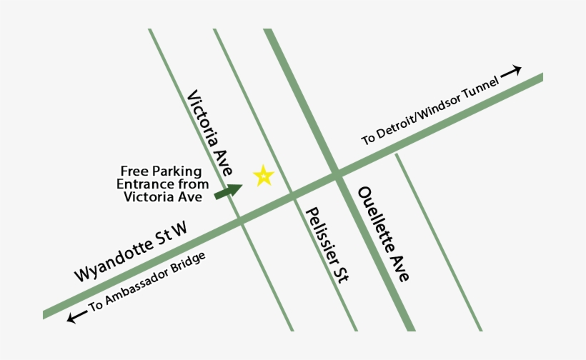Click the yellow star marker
[264, 175]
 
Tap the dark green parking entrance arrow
[229, 191]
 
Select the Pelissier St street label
[326, 246]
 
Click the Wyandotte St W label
[131, 251]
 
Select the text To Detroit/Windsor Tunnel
[427, 113]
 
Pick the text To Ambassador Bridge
[147, 284]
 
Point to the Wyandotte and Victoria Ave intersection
[239, 216]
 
